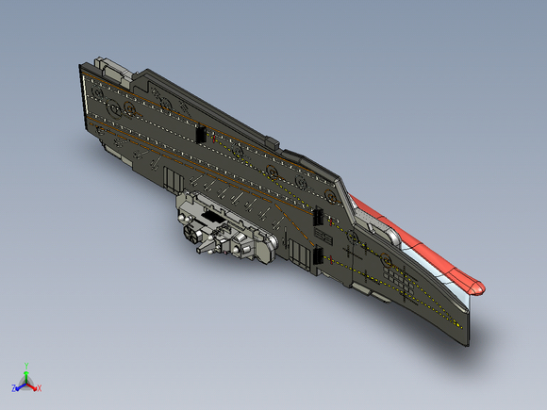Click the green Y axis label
[x=26, y=366]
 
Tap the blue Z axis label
[x=13, y=388]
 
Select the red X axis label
[x=39, y=388]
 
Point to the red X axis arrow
[x=31, y=386]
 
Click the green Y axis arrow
[x=26, y=375]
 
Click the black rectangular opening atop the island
[x=212, y=217]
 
